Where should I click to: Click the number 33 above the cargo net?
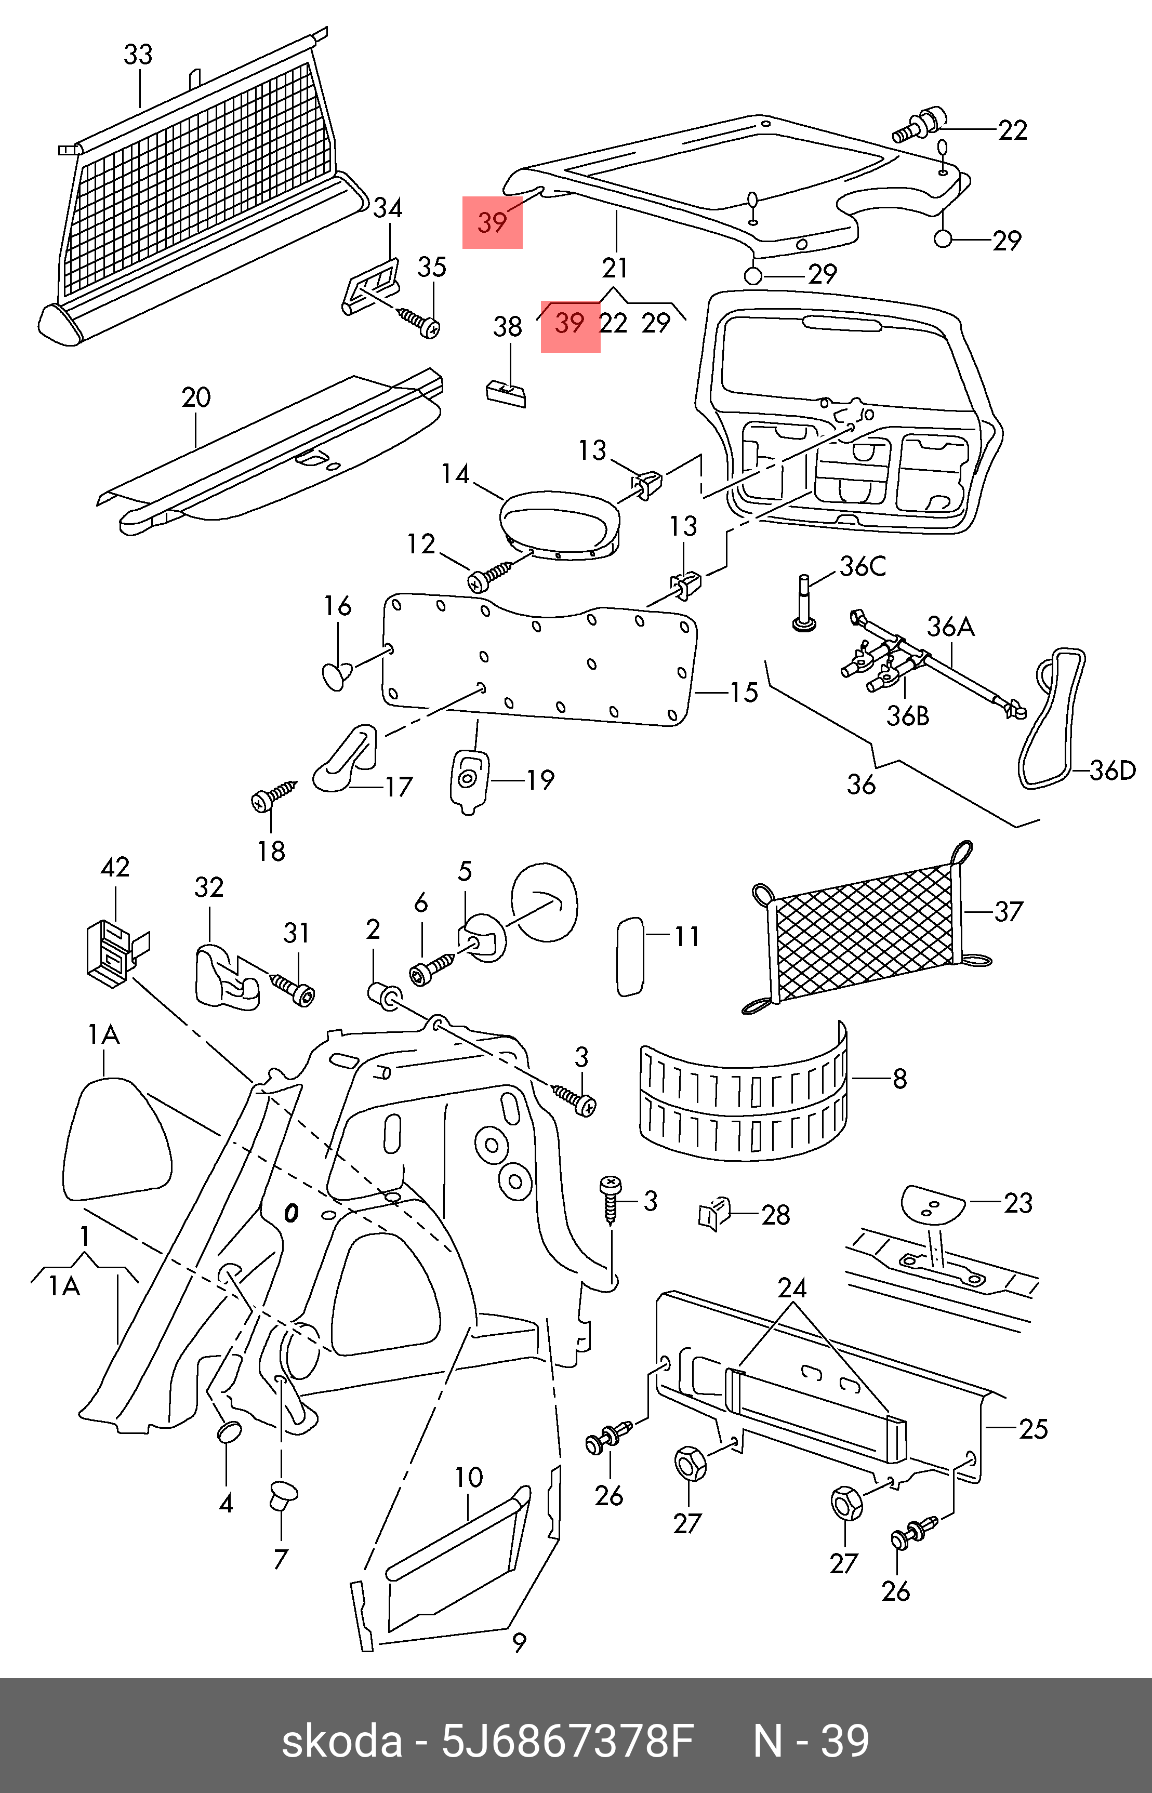coord(138,55)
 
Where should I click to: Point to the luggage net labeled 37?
coord(866,931)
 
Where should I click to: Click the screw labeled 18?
coord(272,798)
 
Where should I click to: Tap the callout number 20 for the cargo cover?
coord(196,397)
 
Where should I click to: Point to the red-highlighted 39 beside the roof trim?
coord(492,222)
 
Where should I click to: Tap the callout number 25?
coord(1033,1429)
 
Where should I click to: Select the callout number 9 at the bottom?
coord(519,1643)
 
